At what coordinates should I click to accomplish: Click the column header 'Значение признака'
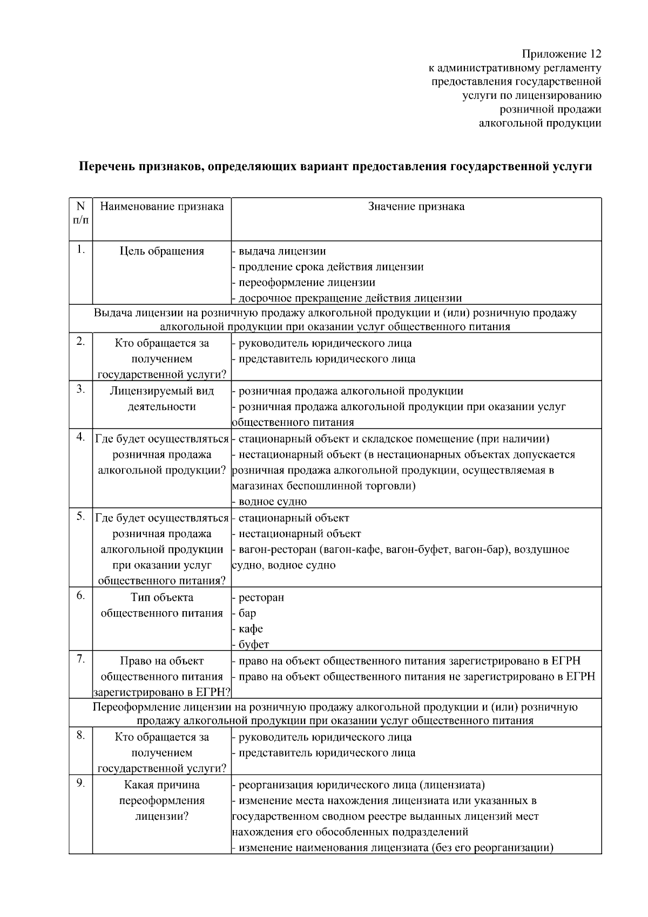tap(416, 206)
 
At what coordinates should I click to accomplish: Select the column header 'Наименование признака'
tap(162, 206)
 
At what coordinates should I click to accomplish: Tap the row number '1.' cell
tap(80, 249)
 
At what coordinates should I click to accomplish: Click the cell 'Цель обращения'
tap(162, 251)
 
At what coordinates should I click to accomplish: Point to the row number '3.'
tap(80, 389)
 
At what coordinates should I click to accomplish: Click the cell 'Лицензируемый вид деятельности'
tap(162, 398)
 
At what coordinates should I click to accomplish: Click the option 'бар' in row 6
tap(247, 613)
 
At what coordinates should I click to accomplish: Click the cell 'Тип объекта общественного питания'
tap(162, 605)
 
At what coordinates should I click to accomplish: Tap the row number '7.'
tap(80, 659)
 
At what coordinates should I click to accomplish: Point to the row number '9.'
tap(80, 783)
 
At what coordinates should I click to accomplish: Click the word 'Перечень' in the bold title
tap(105, 166)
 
